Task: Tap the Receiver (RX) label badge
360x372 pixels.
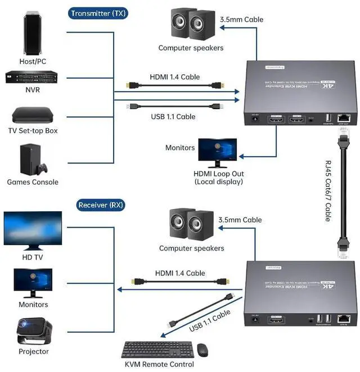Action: tap(100, 205)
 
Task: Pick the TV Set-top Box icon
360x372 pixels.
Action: tap(33, 115)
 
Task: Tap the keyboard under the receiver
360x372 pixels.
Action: tap(157, 350)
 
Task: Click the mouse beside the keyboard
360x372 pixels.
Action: tap(202, 350)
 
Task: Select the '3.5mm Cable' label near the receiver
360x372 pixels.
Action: tap(240, 220)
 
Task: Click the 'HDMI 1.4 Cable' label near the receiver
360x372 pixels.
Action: tap(180, 273)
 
